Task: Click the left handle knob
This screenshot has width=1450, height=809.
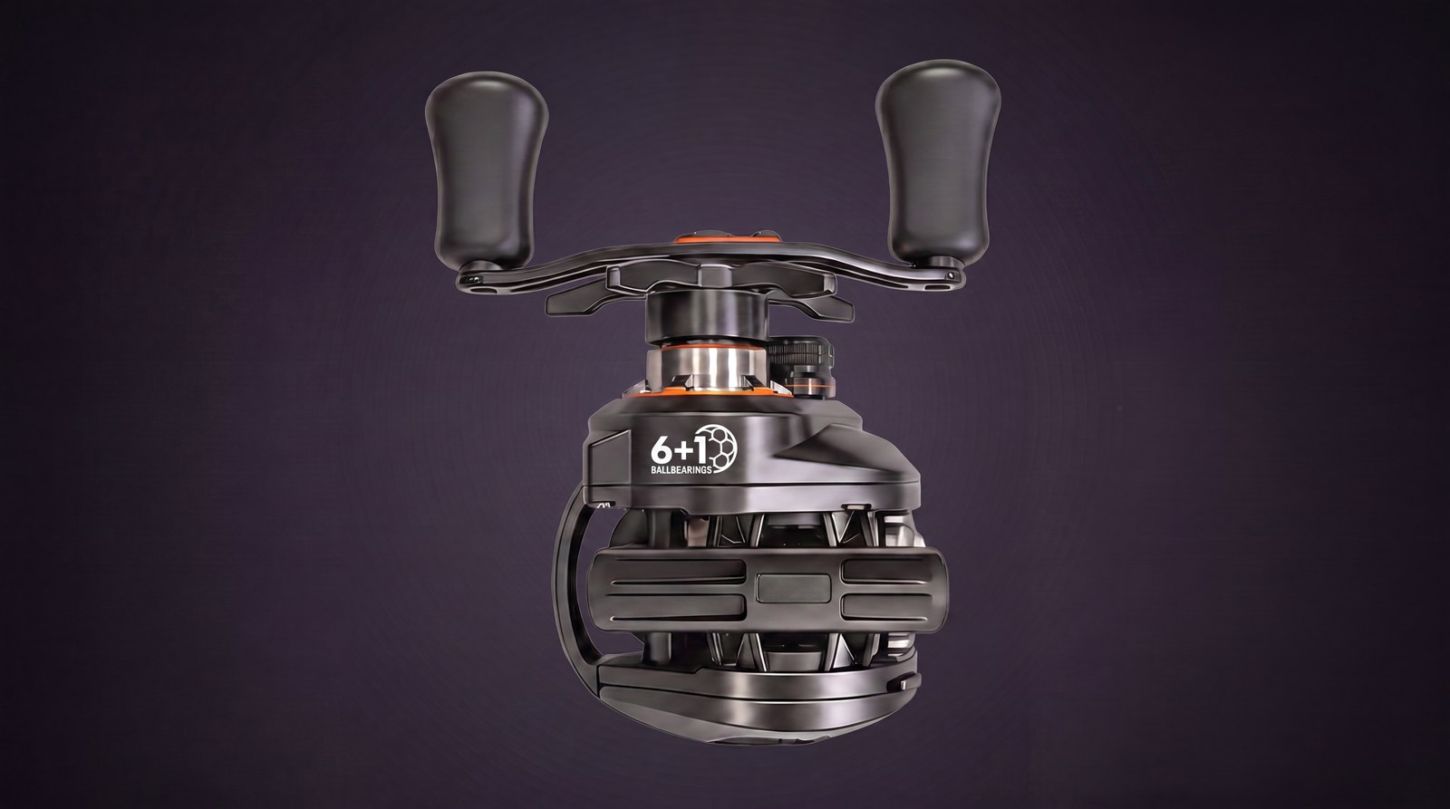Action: [487, 169]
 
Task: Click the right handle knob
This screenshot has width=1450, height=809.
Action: [938, 162]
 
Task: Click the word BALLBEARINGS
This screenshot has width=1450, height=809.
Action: [681, 468]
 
